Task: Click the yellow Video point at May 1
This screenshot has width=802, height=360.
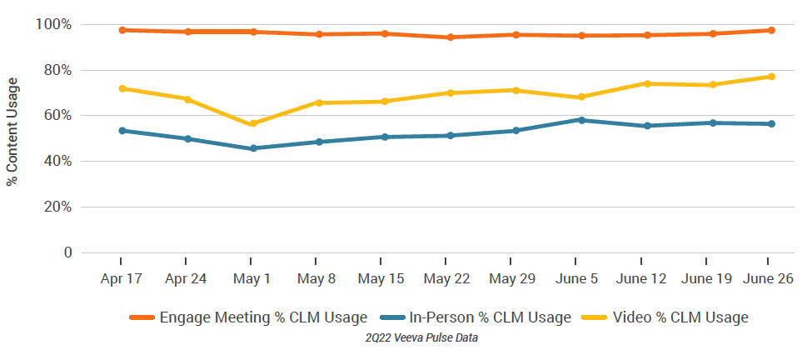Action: coord(253,124)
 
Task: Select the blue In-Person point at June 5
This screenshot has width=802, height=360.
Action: coord(580,120)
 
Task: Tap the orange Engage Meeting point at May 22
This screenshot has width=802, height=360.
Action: coord(450,37)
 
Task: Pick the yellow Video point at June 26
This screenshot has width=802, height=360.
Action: coord(771,77)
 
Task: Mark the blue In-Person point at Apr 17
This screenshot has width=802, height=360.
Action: coord(122,131)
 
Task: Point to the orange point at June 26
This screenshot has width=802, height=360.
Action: coord(771,30)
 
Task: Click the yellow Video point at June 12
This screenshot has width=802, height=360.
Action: coord(646,83)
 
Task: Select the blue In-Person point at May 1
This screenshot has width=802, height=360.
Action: coord(253,148)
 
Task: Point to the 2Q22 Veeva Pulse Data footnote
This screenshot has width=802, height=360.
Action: coord(421,338)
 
